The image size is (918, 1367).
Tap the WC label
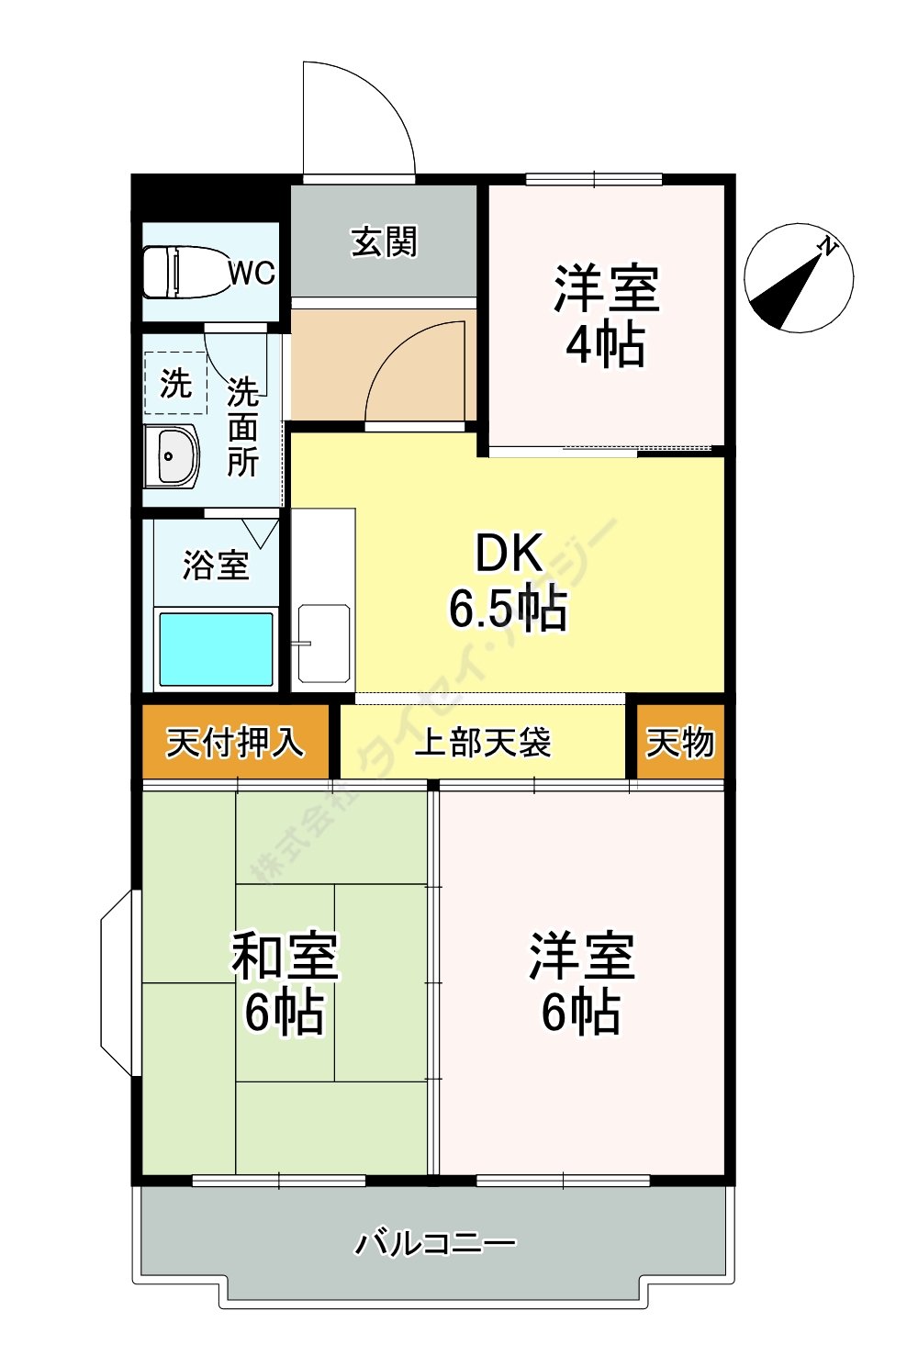point(251,273)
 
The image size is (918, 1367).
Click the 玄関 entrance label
point(384,242)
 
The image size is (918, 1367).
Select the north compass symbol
point(799,277)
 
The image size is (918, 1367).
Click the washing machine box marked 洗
point(175,383)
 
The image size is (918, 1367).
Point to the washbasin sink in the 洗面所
point(172,456)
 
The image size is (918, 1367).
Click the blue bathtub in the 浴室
point(216,649)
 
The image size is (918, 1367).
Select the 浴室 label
point(216,565)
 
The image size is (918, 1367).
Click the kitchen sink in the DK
point(323,643)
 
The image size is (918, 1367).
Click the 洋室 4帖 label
point(606,315)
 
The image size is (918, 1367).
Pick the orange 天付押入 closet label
point(234,742)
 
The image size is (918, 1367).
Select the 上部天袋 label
point(483,742)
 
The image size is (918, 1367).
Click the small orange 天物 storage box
point(680,742)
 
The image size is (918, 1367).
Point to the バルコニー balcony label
point(435,1244)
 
